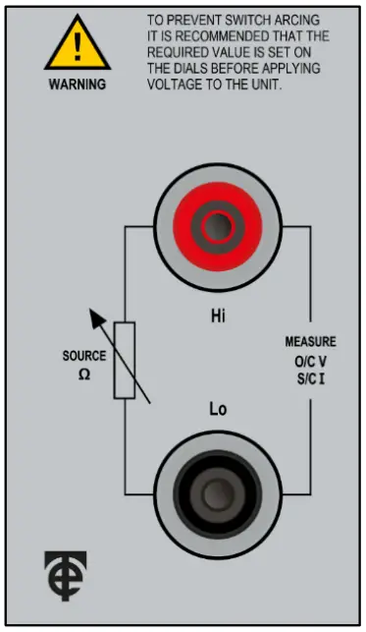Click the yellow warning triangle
coord(77,44)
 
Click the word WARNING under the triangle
coord(77,85)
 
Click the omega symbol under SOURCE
coord(84,373)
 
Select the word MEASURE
coord(310,342)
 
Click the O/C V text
coord(312,362)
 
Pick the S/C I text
coord(311,377)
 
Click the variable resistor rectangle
coord(124,360)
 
